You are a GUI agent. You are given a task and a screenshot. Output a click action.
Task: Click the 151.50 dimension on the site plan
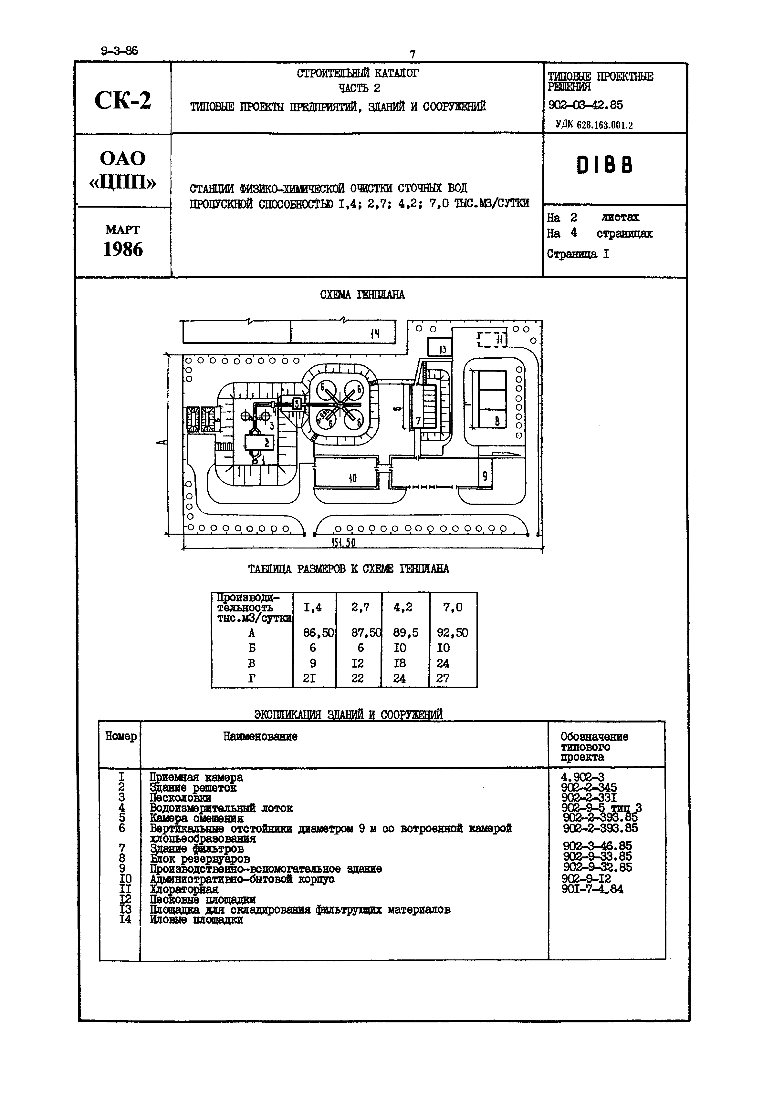point(343,542)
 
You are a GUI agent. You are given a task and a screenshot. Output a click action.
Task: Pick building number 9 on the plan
point(485,476)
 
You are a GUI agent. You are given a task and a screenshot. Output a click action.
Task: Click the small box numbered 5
point(297,404)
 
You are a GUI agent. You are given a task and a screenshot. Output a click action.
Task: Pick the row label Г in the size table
point(251,678)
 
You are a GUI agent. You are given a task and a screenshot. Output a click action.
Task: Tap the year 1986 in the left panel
point(123,250)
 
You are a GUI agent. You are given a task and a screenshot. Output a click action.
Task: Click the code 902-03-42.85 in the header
point(586,105)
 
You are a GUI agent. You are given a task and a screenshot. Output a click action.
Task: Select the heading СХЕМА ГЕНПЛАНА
point(362,295)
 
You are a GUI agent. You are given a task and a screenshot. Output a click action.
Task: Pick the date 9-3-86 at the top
point(119,51)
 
